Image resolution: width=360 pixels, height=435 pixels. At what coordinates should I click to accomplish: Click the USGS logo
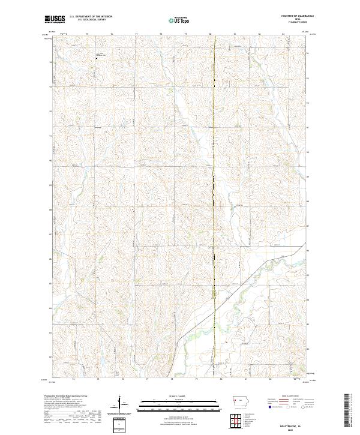[x=55, y=19]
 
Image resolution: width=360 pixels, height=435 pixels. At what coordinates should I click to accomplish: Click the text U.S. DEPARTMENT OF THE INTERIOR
[x=91, y=16]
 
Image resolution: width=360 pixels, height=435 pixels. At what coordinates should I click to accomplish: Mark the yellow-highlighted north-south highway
[x=215, y=180]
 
